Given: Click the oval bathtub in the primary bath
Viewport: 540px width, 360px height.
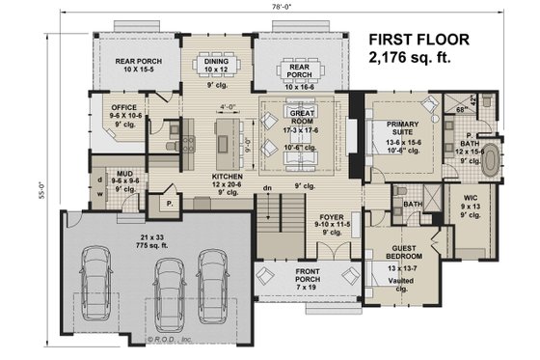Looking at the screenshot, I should [x=492, y=161].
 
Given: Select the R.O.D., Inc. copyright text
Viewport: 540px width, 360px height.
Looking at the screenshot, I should [x=166, y=339].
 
